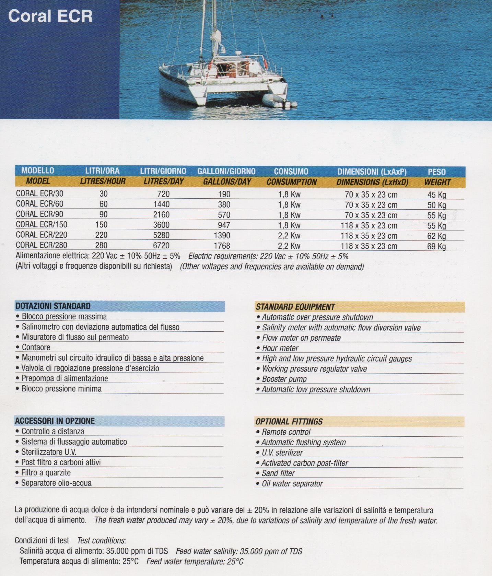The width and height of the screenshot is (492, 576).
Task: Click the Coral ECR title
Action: (50, 16)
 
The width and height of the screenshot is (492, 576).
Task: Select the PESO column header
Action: (436, 172)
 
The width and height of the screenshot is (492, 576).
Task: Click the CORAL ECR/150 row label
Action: (42, 225)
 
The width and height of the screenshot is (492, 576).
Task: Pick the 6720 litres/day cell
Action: (161, 246)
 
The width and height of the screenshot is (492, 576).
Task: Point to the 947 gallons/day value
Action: (224, 225)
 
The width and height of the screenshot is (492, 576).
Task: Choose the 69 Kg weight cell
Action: (436, 246)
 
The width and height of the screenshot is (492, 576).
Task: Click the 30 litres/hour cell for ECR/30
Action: (103, 194)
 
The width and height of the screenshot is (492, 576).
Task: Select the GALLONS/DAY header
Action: (227, 182)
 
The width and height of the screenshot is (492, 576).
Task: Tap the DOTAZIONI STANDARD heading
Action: (53, 306)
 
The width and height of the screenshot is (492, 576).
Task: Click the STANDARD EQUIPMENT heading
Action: (295, 307)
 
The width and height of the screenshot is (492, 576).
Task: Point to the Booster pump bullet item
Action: (284, 379)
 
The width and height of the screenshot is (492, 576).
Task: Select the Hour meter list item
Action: (280, 348)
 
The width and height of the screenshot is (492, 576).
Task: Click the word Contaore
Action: (36, 348)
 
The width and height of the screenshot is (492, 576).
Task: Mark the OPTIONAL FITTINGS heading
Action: (289, 422)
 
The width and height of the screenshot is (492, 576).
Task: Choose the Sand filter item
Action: (278, 473)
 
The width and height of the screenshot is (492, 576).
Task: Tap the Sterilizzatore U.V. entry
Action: (49, 452)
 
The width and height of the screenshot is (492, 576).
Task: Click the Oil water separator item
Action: (292, 484)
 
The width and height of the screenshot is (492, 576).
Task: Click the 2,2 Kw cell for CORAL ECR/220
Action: (289, 236)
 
